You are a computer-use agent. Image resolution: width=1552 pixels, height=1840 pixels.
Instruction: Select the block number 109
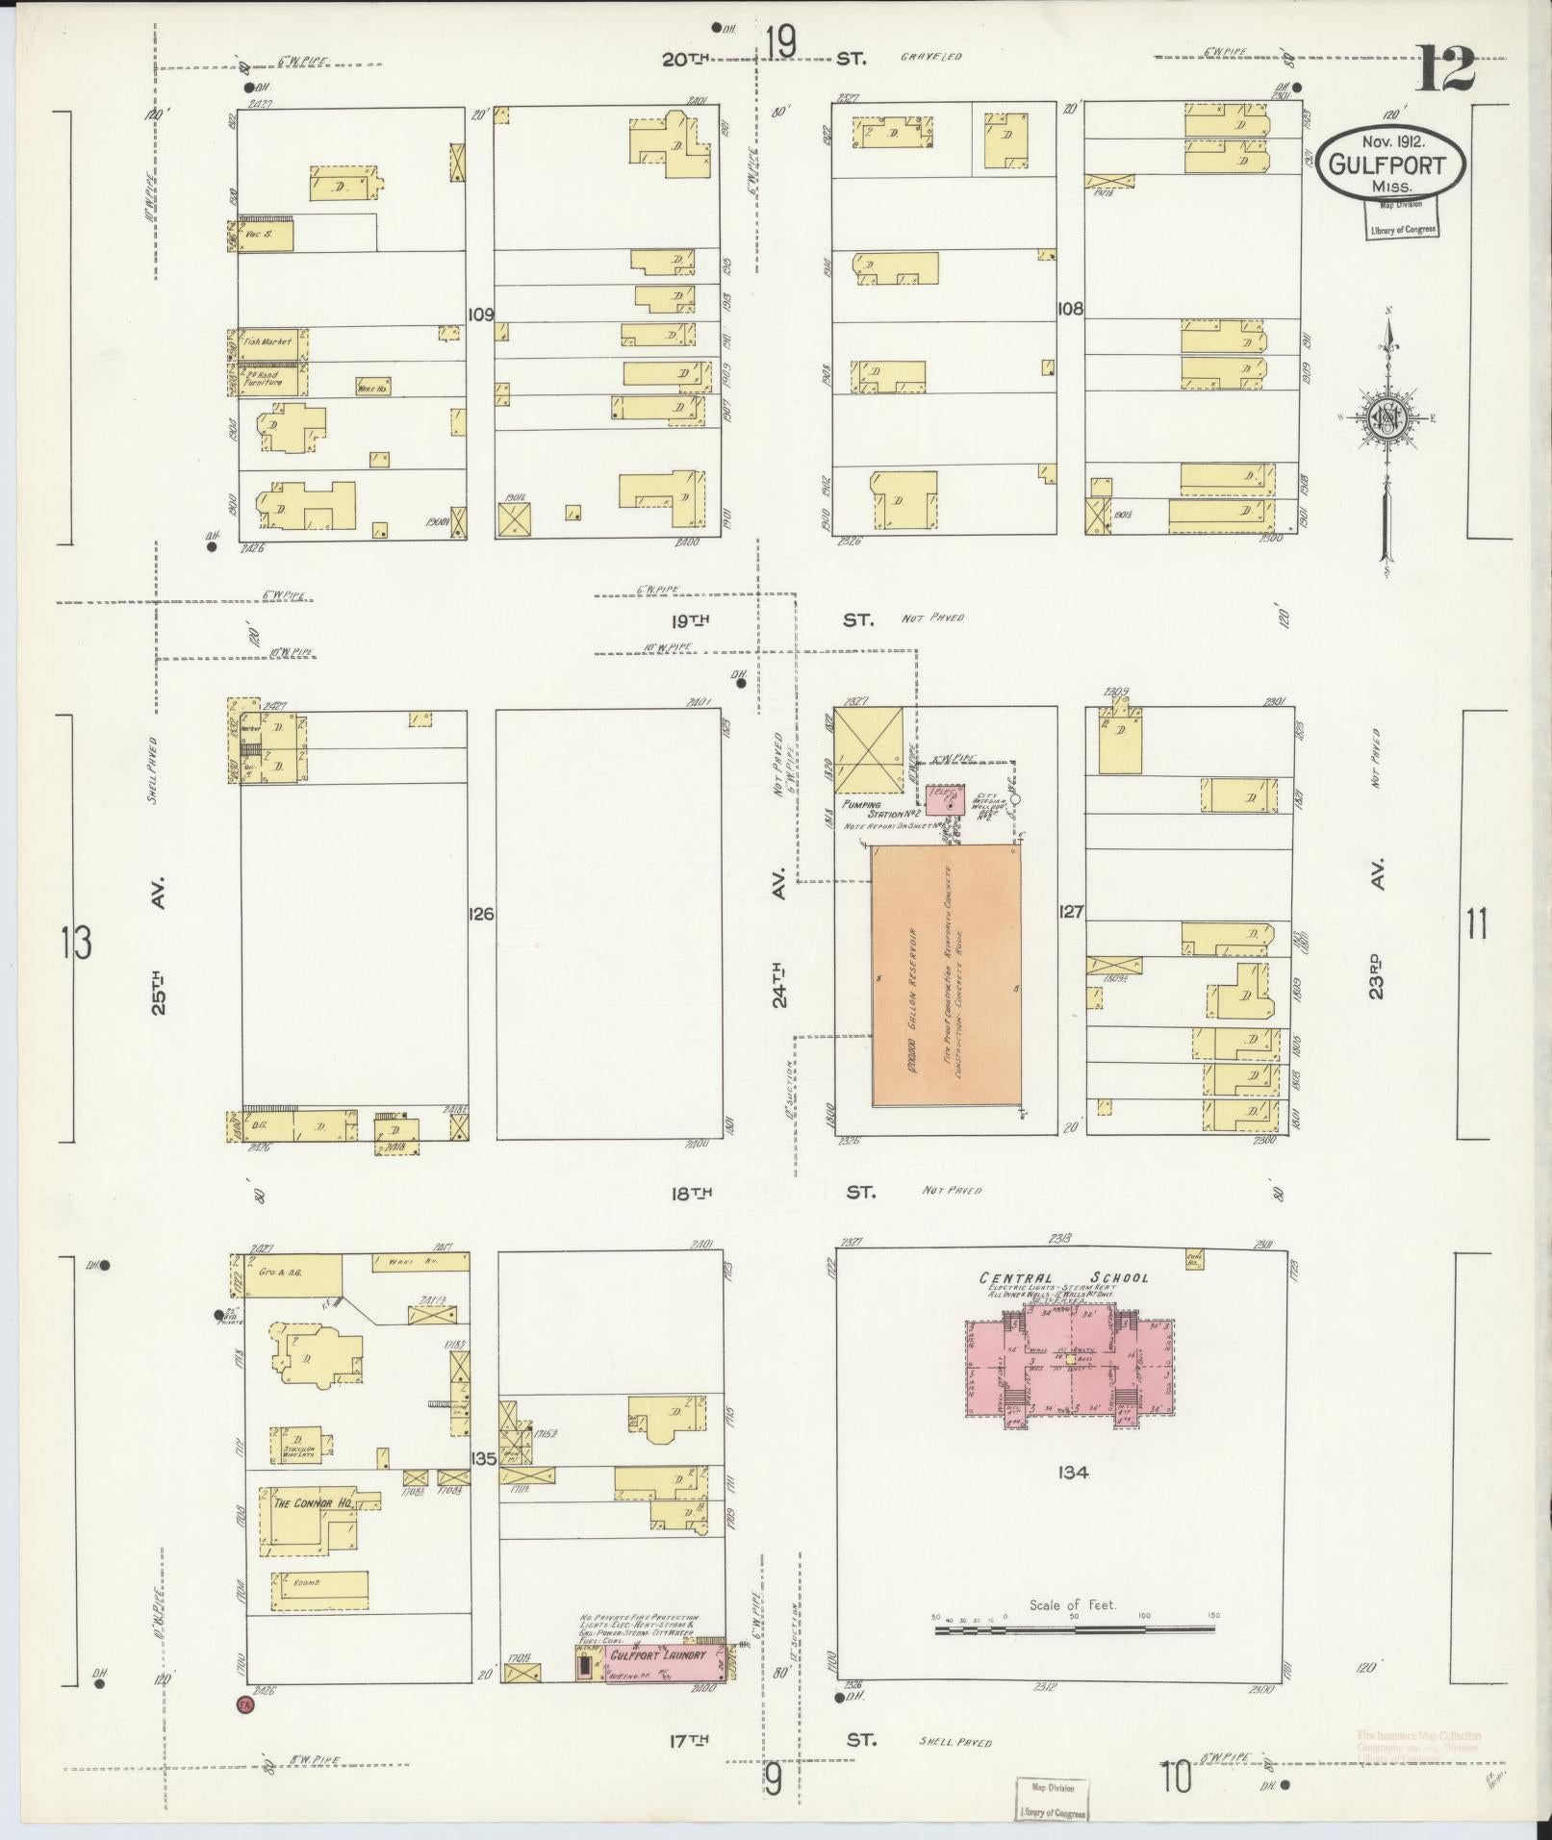[480, 314]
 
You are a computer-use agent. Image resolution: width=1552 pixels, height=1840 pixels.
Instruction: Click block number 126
[482, 914]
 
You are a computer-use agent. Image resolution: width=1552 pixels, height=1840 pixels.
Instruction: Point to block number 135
[483, 1486]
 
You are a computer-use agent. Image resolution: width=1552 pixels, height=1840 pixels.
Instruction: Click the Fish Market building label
[268, 341]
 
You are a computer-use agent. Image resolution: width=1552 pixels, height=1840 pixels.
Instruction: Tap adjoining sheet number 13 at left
[76, 943]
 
